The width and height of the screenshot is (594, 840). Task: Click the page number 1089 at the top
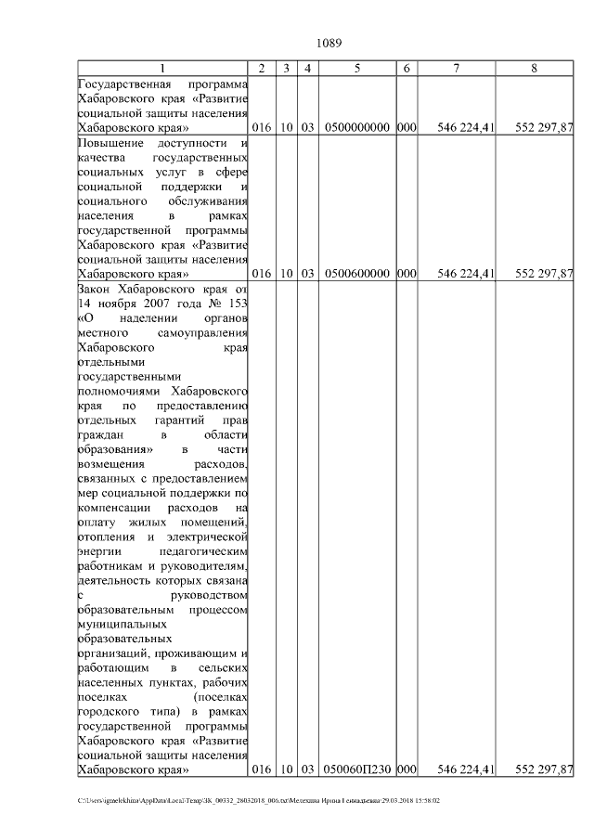coord(329,43)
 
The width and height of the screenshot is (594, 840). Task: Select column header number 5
coord(357,69)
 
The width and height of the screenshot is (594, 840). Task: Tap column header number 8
coord(534,69)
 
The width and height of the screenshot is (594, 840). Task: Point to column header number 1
coord(163,69)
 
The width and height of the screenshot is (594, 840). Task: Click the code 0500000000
coord(357,127)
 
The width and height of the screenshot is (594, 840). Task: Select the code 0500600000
coord(357,274)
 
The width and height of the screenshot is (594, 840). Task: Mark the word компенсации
coord(116,508)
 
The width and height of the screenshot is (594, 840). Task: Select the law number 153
coord(239,304)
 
